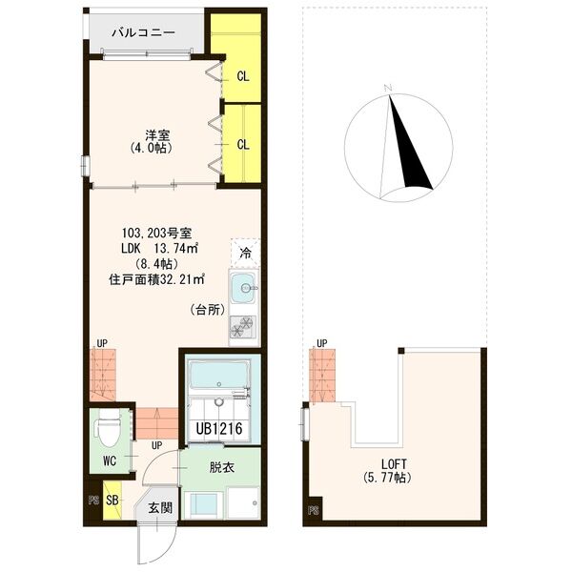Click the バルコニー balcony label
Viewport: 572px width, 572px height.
(x=143, y=32)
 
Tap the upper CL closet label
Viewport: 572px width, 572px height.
(x=243, y=76)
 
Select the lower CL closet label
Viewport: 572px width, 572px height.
(x=243, y=145)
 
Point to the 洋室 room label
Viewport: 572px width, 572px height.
(x=150, y=135)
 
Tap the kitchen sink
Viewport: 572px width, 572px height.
(x=243, y=286)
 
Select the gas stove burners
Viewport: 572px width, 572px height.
(x=243, y=327)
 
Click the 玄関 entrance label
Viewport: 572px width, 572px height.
(x=159, y=508)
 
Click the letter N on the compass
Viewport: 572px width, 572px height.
(x=388, y=89)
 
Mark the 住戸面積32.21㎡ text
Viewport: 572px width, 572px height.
(x=153, y=280)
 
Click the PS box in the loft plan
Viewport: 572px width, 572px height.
(x=312, y=512)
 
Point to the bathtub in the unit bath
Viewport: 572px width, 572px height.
(x=219, y=377)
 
